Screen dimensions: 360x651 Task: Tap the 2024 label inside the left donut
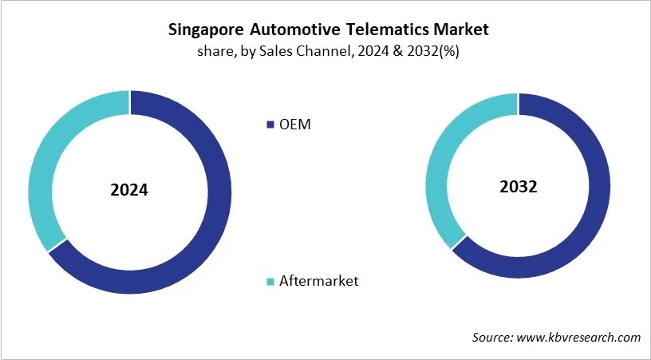(x=129, y=191)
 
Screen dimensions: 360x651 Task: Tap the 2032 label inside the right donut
(x=518, y=187)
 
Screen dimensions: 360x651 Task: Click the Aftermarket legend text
(x=318, y=280)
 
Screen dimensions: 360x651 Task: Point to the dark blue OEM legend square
(x=269, y=125)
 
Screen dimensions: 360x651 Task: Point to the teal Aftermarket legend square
(x=269, y=281)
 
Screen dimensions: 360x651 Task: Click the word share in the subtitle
(x=211, y=52)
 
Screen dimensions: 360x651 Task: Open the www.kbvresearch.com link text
(x=581, y=338)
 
